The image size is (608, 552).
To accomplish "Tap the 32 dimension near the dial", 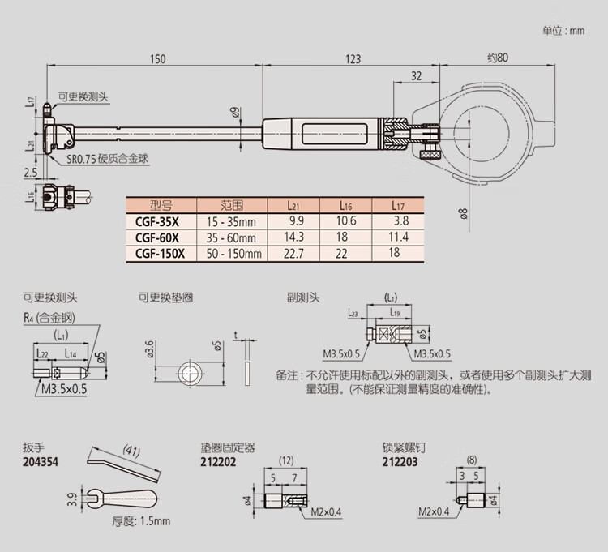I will pos(417,76).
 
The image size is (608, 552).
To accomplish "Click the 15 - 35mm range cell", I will pos(232,220).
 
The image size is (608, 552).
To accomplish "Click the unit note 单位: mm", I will pos(563,31).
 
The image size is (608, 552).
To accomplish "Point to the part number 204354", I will pos(41,462).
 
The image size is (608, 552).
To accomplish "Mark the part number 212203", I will pos(399,462).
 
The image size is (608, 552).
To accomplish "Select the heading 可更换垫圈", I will pos(165,297).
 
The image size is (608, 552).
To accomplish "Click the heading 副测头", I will pos(305,297).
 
